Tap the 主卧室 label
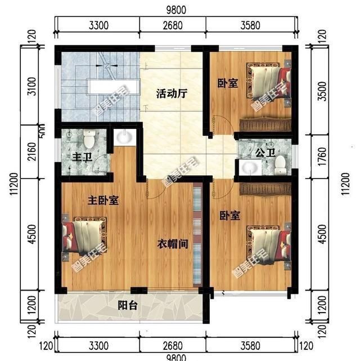click(x=103, y=201)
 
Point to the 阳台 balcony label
click(x=129, y=306)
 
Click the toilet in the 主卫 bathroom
click(x=89, y=138)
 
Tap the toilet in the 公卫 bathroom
click(x=280, y=164)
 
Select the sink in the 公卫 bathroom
click(x=248, y=167)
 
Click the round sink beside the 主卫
click(x=123, y=137)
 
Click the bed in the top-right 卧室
click(x=270, y=83)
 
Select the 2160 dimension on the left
click(x=33, y=154)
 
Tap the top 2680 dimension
click(x=172, y=25)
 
